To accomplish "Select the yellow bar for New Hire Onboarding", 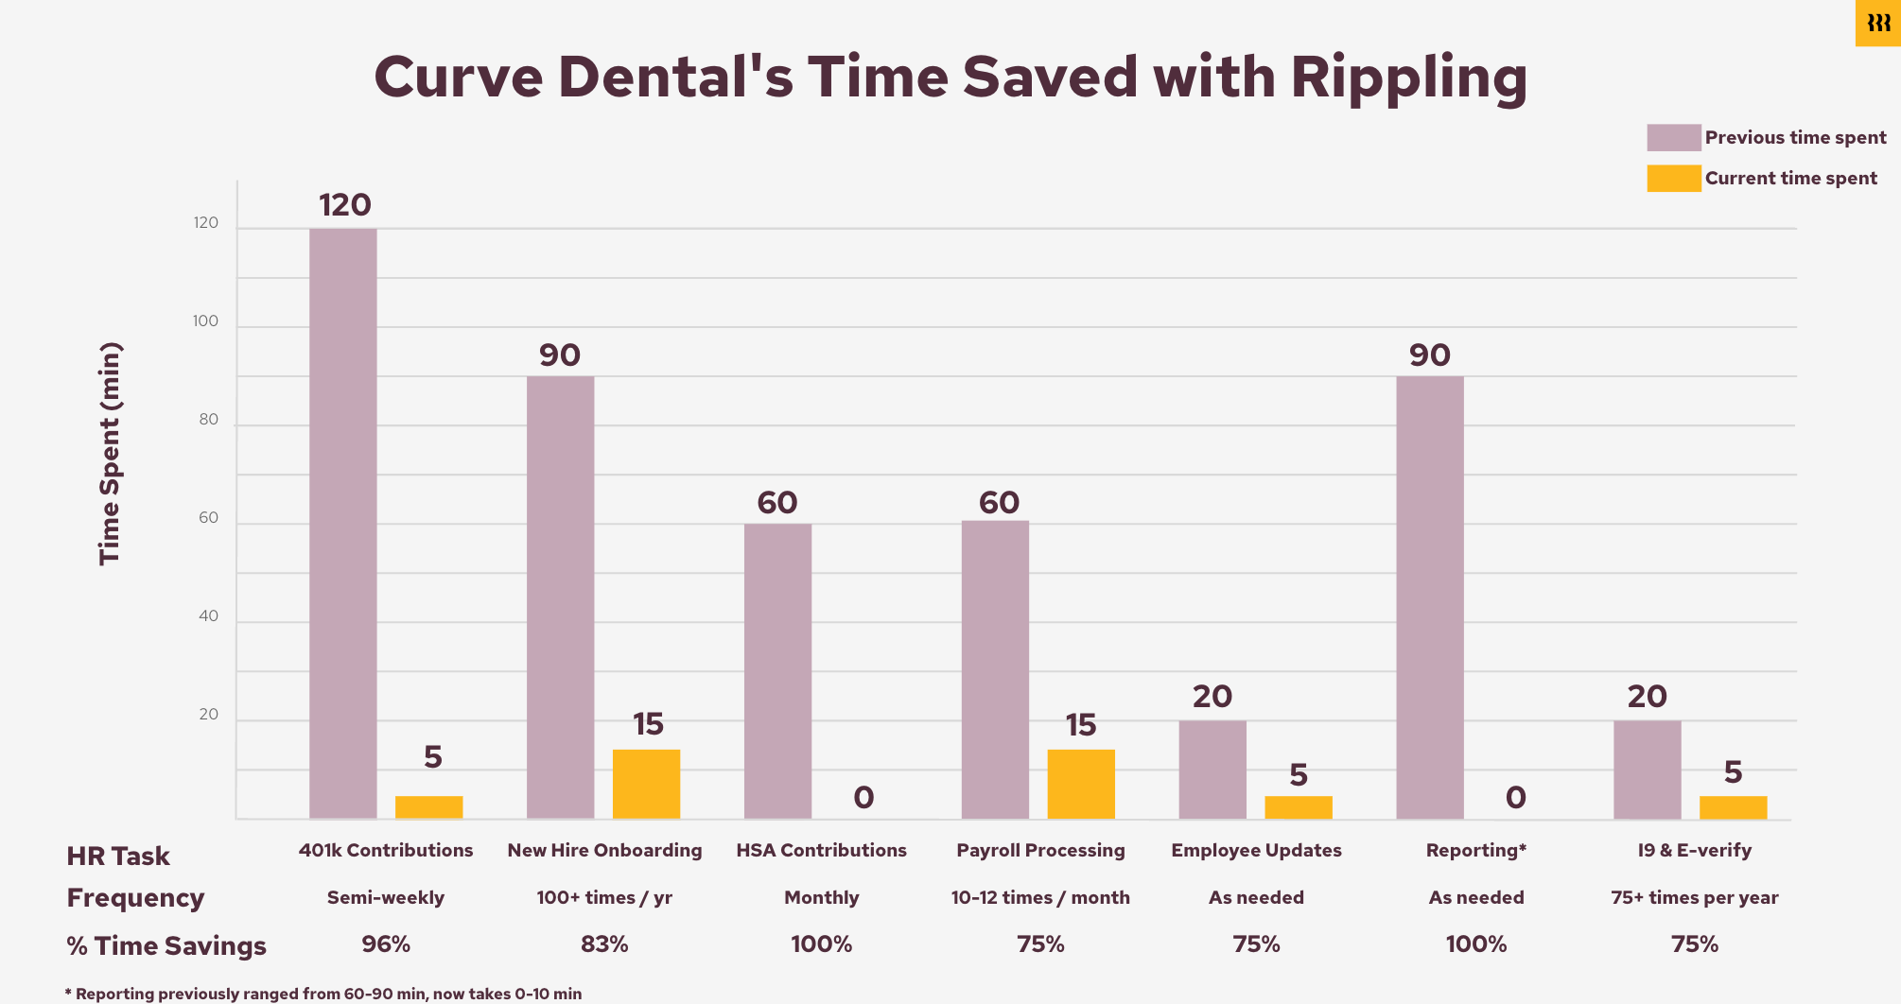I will pyautogui.click(x=646, y=784).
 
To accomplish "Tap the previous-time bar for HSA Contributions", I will pyautogui.click(x=777, y=670).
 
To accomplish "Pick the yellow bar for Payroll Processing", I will pyautogui.click(x=1080, y=784).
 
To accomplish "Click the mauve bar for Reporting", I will pyautogui.click(x=1429, y=597).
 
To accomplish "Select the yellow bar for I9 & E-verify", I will pyautogui.click(x=1733, y=806).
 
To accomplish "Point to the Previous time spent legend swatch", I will pyautogui.click(x=1673, y=138).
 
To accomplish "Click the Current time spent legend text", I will pyautogui.click(x=1790, y=179).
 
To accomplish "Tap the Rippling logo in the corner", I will pyautogui.click(x=1878, y=23).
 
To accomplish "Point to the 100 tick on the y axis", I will pyautogui.click(x=205, y=321).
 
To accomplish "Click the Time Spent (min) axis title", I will pyautogui.click(x=111, y=454).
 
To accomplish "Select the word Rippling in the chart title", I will pyautogui.click(x=1408, y=78).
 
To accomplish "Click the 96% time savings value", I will pyautogui.click(x=386, y=944).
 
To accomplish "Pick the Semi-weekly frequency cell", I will pyautogui.click(x=386, y=898).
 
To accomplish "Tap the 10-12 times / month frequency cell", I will pyautogui.click(x=1040, y=898).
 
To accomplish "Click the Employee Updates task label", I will pyautogui.click(x=1256, y=851).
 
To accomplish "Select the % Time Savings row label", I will pyautogui.click(x=166, y=946).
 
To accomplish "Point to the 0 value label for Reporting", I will pyautogui.click(x=1515, y=798).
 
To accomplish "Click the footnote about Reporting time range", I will pyautogui.click(x=323, y=994).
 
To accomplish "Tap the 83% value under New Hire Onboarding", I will pyautogui.click(x=604, y=944).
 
